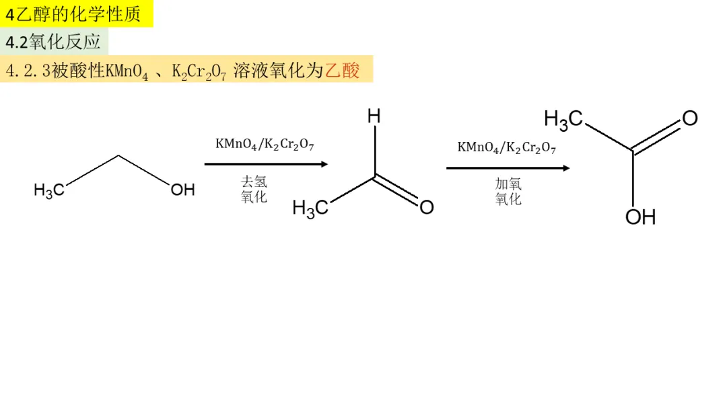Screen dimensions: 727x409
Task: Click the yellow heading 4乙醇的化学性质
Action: tap(77, 14)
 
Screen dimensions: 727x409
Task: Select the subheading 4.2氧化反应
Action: tap(54, 42)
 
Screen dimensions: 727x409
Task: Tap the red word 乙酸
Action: tap(343, 70)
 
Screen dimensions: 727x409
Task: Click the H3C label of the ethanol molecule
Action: tap(48, 190)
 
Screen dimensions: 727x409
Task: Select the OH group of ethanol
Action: tap(182, 190)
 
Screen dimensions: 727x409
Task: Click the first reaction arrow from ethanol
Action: tap(266, 164)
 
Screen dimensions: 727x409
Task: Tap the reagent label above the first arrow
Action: tap(265, 144)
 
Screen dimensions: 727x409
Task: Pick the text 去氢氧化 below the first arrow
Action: tap(254, 189)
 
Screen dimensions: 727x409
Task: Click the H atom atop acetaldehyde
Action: tap(374, 116)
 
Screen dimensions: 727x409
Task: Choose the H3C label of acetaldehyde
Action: tap(310, 208)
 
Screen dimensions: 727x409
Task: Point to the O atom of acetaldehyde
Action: tap(427, 207)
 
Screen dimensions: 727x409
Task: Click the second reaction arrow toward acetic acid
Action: tap(508, 168)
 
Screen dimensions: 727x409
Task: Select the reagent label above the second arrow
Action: tap(507, 147)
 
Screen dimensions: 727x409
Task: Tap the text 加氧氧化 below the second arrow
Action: tap(508, 191)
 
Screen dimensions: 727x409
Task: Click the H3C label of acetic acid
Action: tap(563, 119)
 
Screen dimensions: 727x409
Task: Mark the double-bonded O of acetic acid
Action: tap(690, 118)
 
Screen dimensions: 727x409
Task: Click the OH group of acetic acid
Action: tap(640, 217)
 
